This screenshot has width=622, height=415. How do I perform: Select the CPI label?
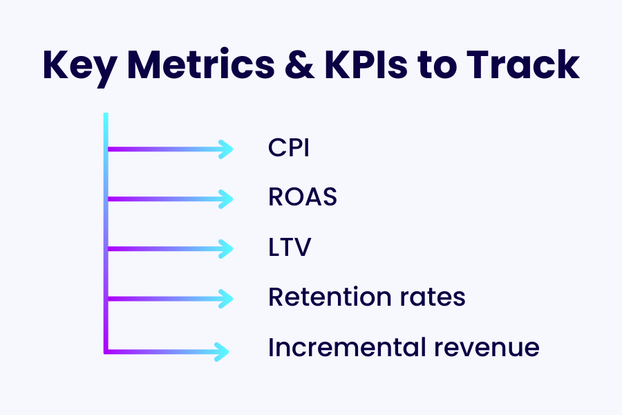coord(288,149)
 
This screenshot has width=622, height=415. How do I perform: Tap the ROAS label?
coord(303,199)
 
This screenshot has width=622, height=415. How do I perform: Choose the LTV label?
coord(289,248)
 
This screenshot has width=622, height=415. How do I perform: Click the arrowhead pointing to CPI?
coord(227,149)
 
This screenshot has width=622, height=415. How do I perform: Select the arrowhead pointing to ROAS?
coord(227,199)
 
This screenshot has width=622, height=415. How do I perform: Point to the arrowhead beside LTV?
coord(227,248)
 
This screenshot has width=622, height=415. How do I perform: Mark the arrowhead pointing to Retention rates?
coord(227,298)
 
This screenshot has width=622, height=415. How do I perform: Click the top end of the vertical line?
coord(106,116)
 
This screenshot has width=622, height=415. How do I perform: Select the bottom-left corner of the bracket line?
coord(106,351)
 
